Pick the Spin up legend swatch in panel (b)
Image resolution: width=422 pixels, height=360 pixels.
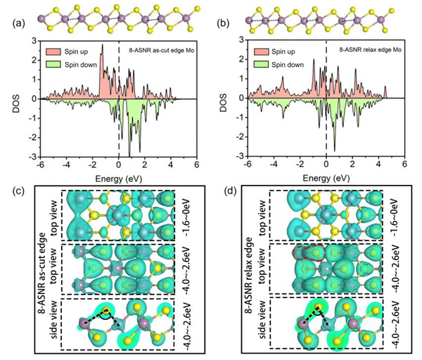(x=264, y=52)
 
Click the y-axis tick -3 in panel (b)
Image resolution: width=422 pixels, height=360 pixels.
(x=241, y=156)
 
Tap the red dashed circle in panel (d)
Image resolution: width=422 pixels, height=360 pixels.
(x=307, y=253)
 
